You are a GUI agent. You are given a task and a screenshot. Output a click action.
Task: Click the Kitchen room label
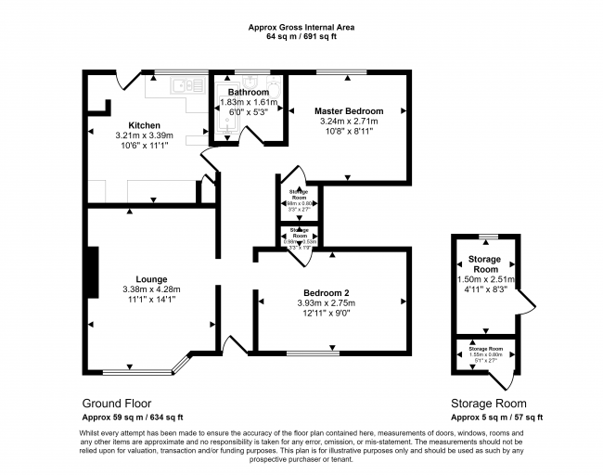[x=144, y=125]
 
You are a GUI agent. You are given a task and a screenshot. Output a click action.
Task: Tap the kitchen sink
[x=188, y=85]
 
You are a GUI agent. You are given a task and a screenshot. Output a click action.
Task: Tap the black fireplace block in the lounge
[x=92, y=272]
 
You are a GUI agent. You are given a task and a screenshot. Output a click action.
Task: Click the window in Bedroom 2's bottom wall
[x=312, y=353]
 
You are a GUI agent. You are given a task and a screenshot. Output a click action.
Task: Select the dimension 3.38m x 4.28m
[x=150, y=289]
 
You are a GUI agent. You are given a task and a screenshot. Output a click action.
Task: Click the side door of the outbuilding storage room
[x=524, y=303]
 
